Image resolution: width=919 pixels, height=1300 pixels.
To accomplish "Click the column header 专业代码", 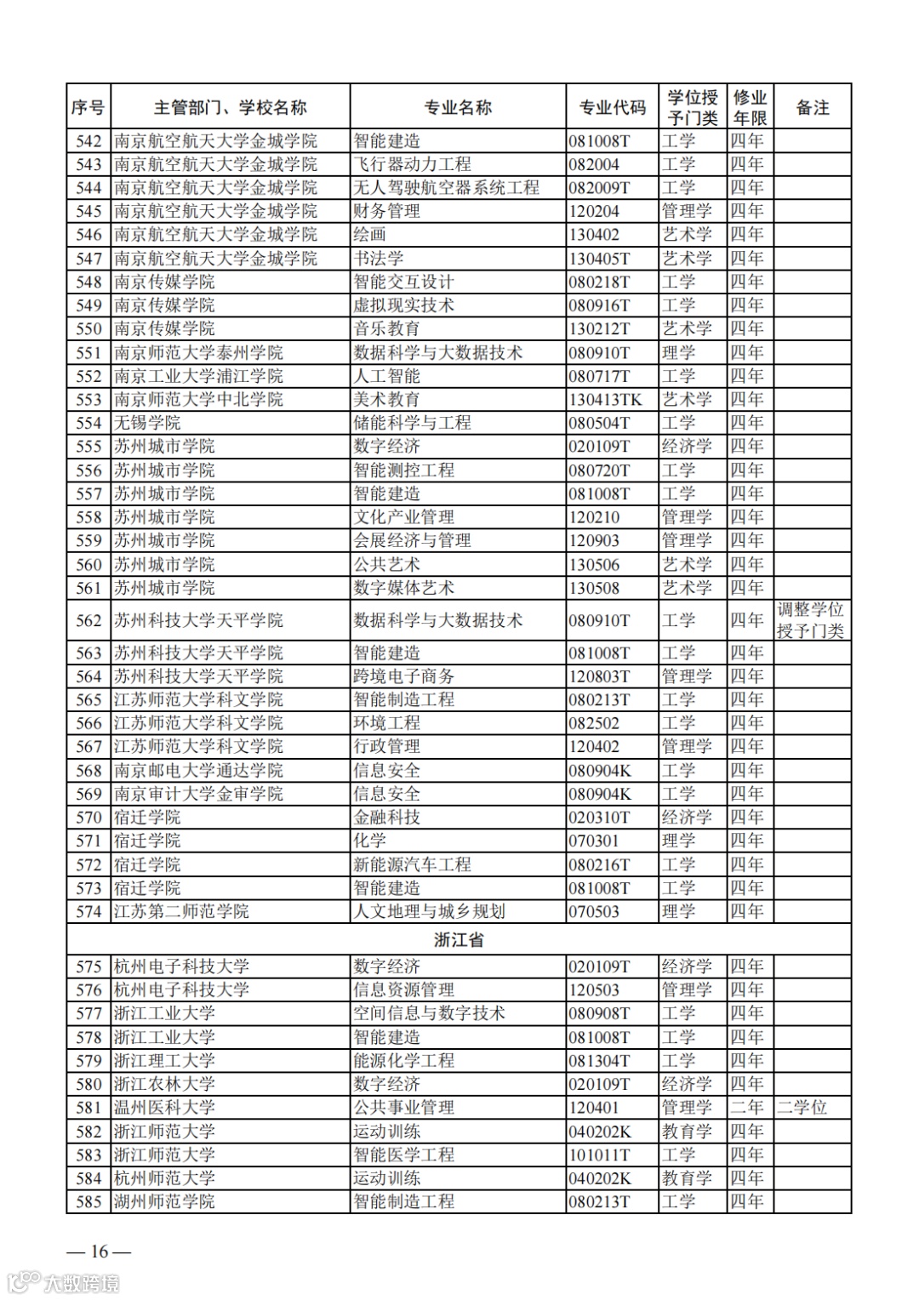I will (612, 108).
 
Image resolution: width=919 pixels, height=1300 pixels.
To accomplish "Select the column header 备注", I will (812, 108).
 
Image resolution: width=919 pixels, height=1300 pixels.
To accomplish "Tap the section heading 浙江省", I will (459, 940).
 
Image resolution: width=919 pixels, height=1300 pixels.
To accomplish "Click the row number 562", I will (88, 621).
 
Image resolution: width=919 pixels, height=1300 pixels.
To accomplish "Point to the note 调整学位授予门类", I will (810, 620).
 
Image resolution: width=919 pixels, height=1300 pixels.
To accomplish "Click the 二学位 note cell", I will (802, 1108).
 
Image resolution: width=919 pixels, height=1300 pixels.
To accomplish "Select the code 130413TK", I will (605, 400).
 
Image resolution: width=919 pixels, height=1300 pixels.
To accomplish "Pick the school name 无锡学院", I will (147, 423).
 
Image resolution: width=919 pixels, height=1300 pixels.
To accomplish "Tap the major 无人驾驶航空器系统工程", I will (446, 188).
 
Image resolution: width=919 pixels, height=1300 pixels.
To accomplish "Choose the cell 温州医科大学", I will (164, 1108).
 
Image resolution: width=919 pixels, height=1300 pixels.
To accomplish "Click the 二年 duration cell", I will (747, 1108).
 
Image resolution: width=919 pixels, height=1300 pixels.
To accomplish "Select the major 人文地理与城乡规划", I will (429, 912).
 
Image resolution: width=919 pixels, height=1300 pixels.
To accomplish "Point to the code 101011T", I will (599, 1155).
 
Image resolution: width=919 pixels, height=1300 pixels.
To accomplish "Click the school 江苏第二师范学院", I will (181, 912).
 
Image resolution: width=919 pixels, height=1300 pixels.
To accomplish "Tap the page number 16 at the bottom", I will (100, 1252).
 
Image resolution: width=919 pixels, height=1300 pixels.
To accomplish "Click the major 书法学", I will (378, 259).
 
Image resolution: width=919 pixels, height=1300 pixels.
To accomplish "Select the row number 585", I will (88, 1202).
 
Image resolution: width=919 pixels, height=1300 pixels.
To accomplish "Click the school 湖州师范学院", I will (164, 1202).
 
